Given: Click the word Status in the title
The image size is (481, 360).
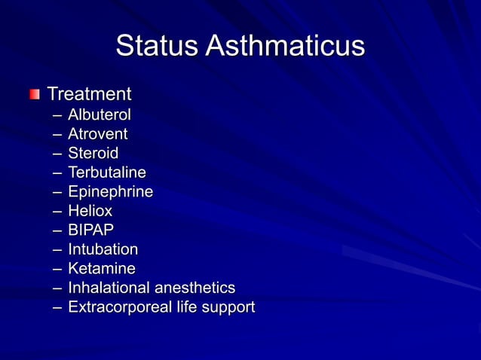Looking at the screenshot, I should pyautogui.click(x=157, y=46).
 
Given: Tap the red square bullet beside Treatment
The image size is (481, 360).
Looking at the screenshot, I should pyautogui.click(x=34, y=95).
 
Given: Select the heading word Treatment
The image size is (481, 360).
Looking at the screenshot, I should pyautogui.click(x=89, y=94).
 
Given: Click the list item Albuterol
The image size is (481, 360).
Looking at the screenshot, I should pyautogui.click(x=99, y=115).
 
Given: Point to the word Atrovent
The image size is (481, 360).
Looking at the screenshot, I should pyautogui.click(x=97, y=135).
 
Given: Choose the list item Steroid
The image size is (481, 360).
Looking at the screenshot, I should pyautogui.click(x=93, y=154).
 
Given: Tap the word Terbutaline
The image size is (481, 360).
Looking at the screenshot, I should pyautogui.click(x=106, y=173).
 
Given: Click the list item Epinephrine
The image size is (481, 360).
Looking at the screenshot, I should pyautogui.click(x=110, y=192).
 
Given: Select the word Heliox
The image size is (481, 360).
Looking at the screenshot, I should pyautogui.click(x=90, y=212).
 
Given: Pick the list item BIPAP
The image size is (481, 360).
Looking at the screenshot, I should pyautogui.click(x=91, y=230).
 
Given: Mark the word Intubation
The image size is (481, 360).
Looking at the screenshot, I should pyautogui.click(x=103, y=249).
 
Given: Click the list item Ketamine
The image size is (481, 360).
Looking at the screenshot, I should pyautogui.click(x=102, y=269).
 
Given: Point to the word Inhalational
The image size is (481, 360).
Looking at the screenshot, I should pyautogui.click(x=110, y=288).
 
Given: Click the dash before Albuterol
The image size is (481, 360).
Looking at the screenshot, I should pyautogui.click(x=58, y=116).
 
